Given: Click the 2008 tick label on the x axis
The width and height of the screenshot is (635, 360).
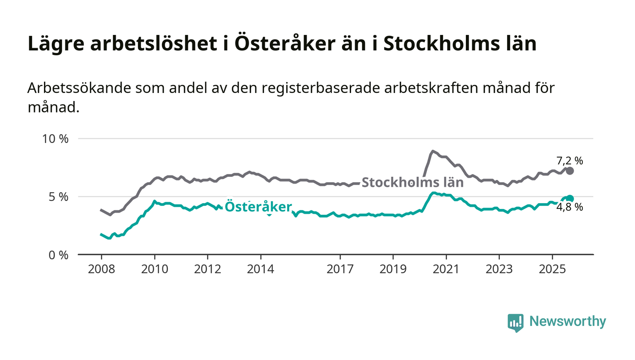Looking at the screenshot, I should (x=101, y=269).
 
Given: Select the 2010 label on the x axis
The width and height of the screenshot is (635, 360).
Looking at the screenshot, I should (x=154, y=269).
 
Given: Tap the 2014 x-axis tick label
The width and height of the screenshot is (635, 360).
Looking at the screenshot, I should (x=260, y=269).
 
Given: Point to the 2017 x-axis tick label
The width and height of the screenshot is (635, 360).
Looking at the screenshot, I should (x=340, y=269).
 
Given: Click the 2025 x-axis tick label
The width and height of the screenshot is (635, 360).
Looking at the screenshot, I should (x=552, y=269).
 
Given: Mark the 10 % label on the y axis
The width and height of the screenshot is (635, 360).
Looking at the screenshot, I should (x=55, y=139).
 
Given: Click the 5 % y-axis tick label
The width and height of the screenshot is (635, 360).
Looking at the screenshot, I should (x=59, y=197).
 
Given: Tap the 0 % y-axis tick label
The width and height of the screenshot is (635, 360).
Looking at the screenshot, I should (x=59, y=255).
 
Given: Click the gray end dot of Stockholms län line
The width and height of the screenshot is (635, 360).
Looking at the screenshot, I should (x=570, y=171).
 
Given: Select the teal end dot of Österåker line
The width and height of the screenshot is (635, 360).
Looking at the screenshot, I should (x=570, y=199).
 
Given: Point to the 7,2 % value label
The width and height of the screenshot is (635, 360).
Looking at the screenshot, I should (x=569, y=160).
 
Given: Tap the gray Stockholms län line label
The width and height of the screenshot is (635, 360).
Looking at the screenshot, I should (x=412, y=183).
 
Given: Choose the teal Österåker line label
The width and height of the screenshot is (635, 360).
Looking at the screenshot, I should (x=258, y=207).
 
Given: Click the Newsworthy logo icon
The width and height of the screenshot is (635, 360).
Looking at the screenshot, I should (x=515, y=322).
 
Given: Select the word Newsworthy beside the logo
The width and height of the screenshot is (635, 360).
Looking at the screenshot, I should (x=567, y=321).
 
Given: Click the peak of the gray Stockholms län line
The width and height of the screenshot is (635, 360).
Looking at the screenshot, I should (x=433, y=151).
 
